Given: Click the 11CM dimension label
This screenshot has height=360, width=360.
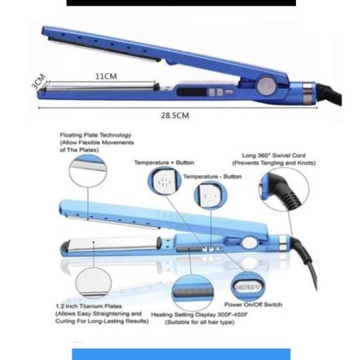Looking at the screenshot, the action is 106,76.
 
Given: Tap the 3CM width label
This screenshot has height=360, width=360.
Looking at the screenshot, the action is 38,82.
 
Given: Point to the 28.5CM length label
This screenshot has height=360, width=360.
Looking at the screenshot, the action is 175,115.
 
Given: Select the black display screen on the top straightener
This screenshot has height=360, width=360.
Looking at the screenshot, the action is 192,92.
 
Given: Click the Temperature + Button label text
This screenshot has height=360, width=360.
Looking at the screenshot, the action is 164,162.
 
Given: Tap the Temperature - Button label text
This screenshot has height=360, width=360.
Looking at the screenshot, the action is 212,176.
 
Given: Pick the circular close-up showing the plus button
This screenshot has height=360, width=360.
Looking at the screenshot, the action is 165,181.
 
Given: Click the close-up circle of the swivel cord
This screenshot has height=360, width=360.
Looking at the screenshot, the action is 284,189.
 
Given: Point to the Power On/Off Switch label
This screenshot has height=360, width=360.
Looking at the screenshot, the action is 253,304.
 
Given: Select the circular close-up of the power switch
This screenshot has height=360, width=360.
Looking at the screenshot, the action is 247,286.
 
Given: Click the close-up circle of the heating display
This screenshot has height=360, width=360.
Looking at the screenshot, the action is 193,292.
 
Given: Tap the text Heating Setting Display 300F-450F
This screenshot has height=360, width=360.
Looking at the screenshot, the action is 199,314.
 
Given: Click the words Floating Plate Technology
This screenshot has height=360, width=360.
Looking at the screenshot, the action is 96,135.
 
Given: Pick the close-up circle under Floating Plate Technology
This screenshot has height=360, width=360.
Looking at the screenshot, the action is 88,171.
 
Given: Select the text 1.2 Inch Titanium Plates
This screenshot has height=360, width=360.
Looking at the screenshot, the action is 89,306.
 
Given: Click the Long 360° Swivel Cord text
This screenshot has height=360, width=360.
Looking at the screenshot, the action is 274,155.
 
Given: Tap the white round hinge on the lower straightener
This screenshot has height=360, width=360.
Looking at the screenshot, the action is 250,243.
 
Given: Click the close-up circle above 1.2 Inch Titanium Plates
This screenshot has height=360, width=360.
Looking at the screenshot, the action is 94,283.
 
